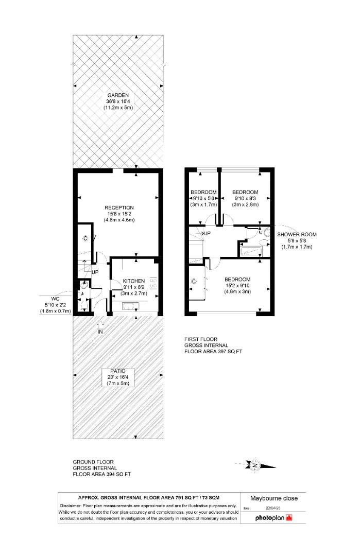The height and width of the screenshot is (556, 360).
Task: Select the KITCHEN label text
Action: point(134,281)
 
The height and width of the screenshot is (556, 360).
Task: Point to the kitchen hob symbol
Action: point(153,284)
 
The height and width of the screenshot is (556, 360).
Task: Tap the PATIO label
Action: point(117,371)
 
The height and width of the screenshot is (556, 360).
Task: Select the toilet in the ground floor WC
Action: point(84,306)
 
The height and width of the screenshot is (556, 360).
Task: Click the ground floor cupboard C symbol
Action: point(85,238)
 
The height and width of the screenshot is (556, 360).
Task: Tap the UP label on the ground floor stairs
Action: point(95,272)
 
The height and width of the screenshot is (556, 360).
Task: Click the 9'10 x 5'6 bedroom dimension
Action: point(203,198)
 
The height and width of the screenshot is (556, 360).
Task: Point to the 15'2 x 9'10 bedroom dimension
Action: point(237,285)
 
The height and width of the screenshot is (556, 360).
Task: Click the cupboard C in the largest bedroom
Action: point(194,282)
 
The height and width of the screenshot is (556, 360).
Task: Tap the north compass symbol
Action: point(254,465)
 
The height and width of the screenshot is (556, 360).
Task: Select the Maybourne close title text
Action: point(273,498)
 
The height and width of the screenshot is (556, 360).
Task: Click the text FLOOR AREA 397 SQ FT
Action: point(213,352)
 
